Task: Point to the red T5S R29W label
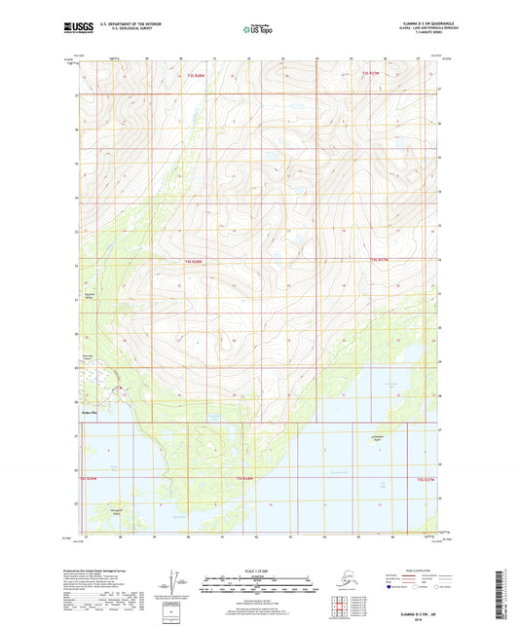89,479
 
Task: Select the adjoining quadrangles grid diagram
344,604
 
